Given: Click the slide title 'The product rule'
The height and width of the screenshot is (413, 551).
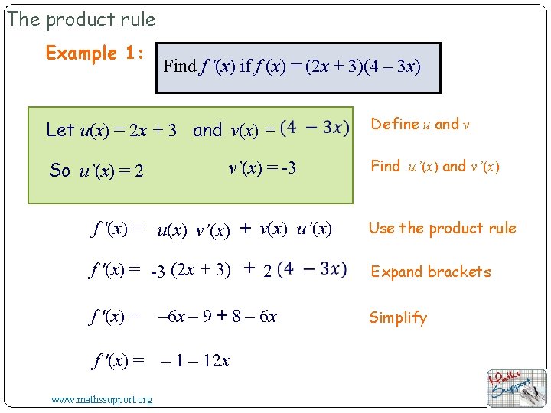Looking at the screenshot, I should pyautogui.click(x=81, y=19).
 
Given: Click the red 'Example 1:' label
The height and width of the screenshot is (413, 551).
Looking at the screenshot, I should pyautogui.click(x=95, y=54).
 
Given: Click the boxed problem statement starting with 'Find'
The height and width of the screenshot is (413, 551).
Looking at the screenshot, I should pyautogui.click(x=292, y=66).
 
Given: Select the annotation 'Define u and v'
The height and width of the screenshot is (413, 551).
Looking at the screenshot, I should pyautogui.click(x=420, y=124).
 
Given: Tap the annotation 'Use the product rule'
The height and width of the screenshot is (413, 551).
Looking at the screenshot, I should pyautogui.click(x=442, y=228).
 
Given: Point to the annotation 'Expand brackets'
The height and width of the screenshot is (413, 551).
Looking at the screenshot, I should pyautogui.click(x=431, y=272).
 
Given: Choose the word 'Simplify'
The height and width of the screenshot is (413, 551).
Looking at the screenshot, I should pyautogui.click(x=398, y=317).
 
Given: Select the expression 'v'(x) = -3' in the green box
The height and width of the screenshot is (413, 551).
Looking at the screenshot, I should pyautogui.click(x=262, y=167).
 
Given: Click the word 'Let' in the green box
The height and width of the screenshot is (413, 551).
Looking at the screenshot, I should pyautogui.click(x=60, y=130).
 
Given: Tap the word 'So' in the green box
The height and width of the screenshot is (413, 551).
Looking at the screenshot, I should pyautogui.click(x=60, y=171).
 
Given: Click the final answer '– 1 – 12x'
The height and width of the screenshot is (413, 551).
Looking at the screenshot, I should pyautogui.click(x=195, y=360).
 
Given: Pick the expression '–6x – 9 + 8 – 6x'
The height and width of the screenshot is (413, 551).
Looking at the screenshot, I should pyautogui.click(x=217, y=317).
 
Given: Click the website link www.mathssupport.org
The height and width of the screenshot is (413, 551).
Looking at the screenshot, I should pyautogui.click(x=101, y=399).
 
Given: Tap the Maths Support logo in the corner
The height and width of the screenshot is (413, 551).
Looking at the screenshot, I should pyautogui.click(x=517, y=387).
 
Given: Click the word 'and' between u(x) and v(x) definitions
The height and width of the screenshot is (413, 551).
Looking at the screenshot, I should pyautogui.click(x=207, y=130).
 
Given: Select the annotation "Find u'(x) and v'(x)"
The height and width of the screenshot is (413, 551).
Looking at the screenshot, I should pyautogui.click(x=435, y=167).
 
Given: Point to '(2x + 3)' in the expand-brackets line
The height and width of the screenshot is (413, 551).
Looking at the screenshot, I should pyautogui.click(x=201, y=269).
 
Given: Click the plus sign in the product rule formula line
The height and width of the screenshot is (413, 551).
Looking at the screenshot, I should pyautogui.click(x=246, y=228).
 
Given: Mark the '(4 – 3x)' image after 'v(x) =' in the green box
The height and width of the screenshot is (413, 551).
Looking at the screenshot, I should pyautogui.click(x=315, y=127).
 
